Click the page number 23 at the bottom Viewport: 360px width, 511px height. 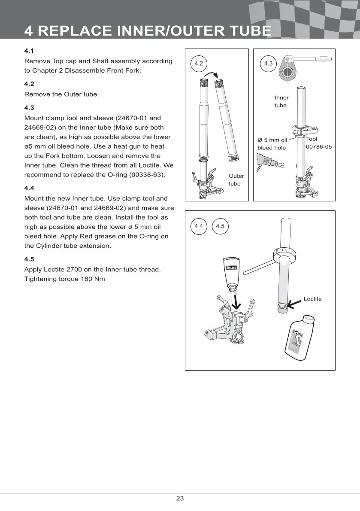(x=180, y=499)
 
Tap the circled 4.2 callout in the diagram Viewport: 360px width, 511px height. (x=198, y=64)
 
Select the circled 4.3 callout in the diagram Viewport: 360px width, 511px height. (x=268, y=64)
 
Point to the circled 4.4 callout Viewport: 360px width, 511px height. (x=198, y=226)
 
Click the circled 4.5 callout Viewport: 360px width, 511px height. (x=220, y=226)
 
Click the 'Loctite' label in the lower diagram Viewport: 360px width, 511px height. (x=312, y=299)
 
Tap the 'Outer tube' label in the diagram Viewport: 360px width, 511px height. (x=236, y=180)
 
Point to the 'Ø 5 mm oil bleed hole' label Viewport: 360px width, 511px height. (x=272, y=144)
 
